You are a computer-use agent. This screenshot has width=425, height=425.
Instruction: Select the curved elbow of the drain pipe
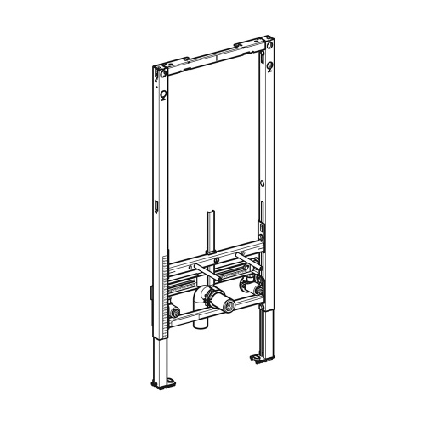click(201, 300)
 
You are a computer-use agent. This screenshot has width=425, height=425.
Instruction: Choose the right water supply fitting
click(251, 285)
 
